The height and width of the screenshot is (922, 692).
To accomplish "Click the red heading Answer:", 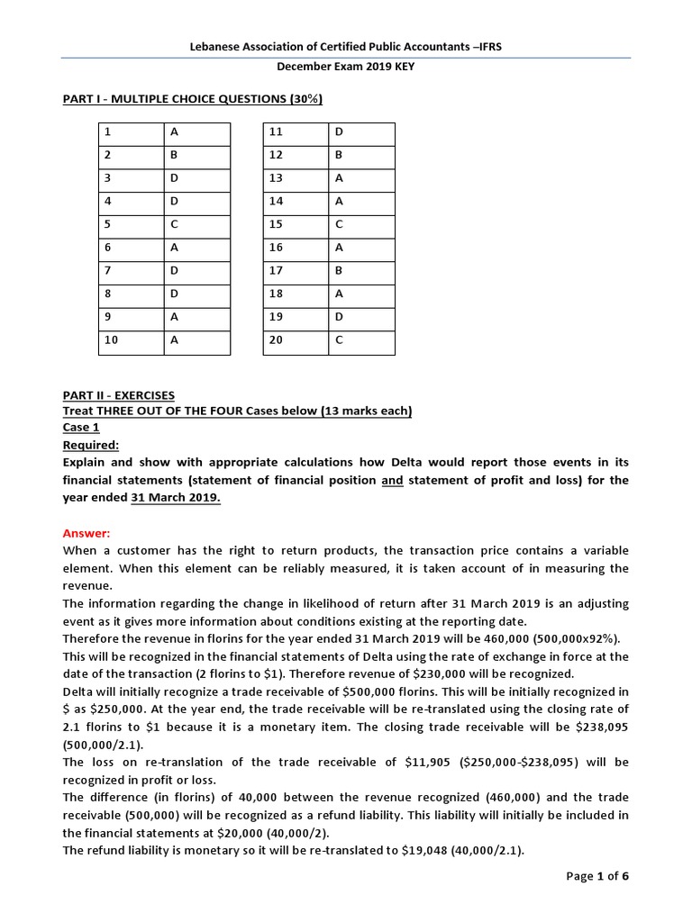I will (86, 533).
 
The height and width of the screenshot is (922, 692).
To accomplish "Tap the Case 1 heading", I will (81, 428).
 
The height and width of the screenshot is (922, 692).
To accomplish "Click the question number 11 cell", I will (296, 132).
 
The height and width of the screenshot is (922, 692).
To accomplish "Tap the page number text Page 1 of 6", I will (596, 878).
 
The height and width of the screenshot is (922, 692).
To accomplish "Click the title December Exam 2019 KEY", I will (345, 67).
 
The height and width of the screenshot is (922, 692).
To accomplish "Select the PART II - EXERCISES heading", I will (119, 395).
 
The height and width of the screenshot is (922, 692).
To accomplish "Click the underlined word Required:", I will (91, 445).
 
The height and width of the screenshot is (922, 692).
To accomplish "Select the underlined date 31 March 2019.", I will (176, 498).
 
